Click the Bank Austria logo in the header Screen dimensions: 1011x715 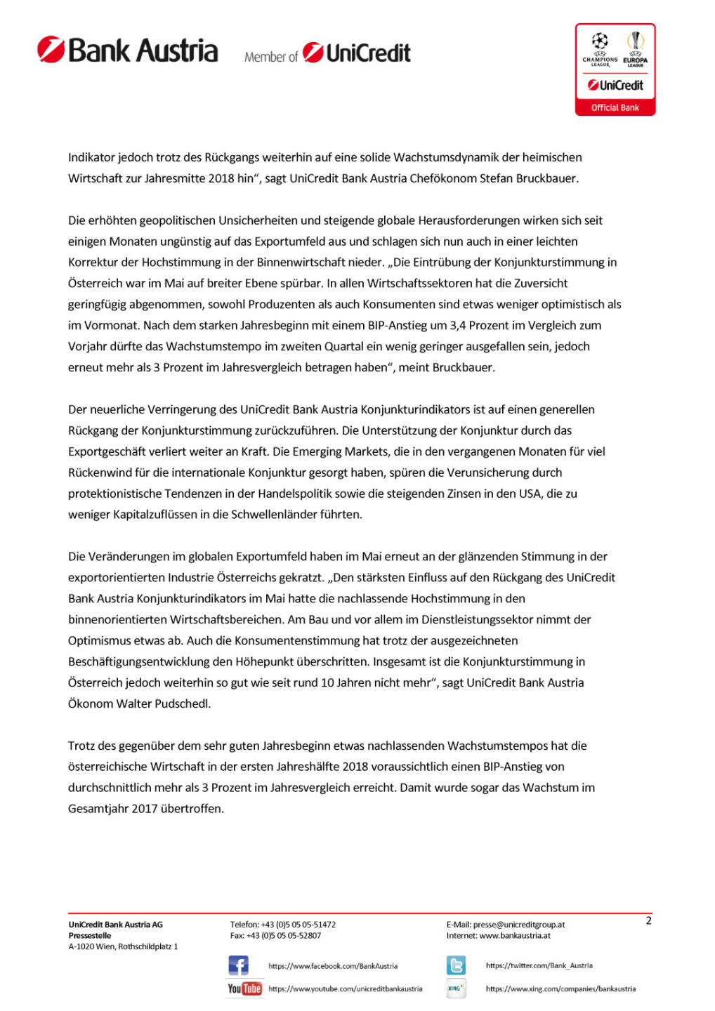[x=128, y=51]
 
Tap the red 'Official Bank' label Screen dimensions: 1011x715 [x=615, y=107]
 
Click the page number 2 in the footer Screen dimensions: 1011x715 [x=648, y=920]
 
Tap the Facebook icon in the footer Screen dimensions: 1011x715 [x=238, y=965]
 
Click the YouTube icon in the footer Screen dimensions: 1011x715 [x=244, y=989]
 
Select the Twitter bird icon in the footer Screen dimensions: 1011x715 [x=456, y=965]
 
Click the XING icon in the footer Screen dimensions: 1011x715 [x=456, y=989]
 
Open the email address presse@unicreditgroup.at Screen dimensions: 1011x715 [x=519, y=925]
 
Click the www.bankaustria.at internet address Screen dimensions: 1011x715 [x=515, y=935]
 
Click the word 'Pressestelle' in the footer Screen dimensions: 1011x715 [x=90, y=935]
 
